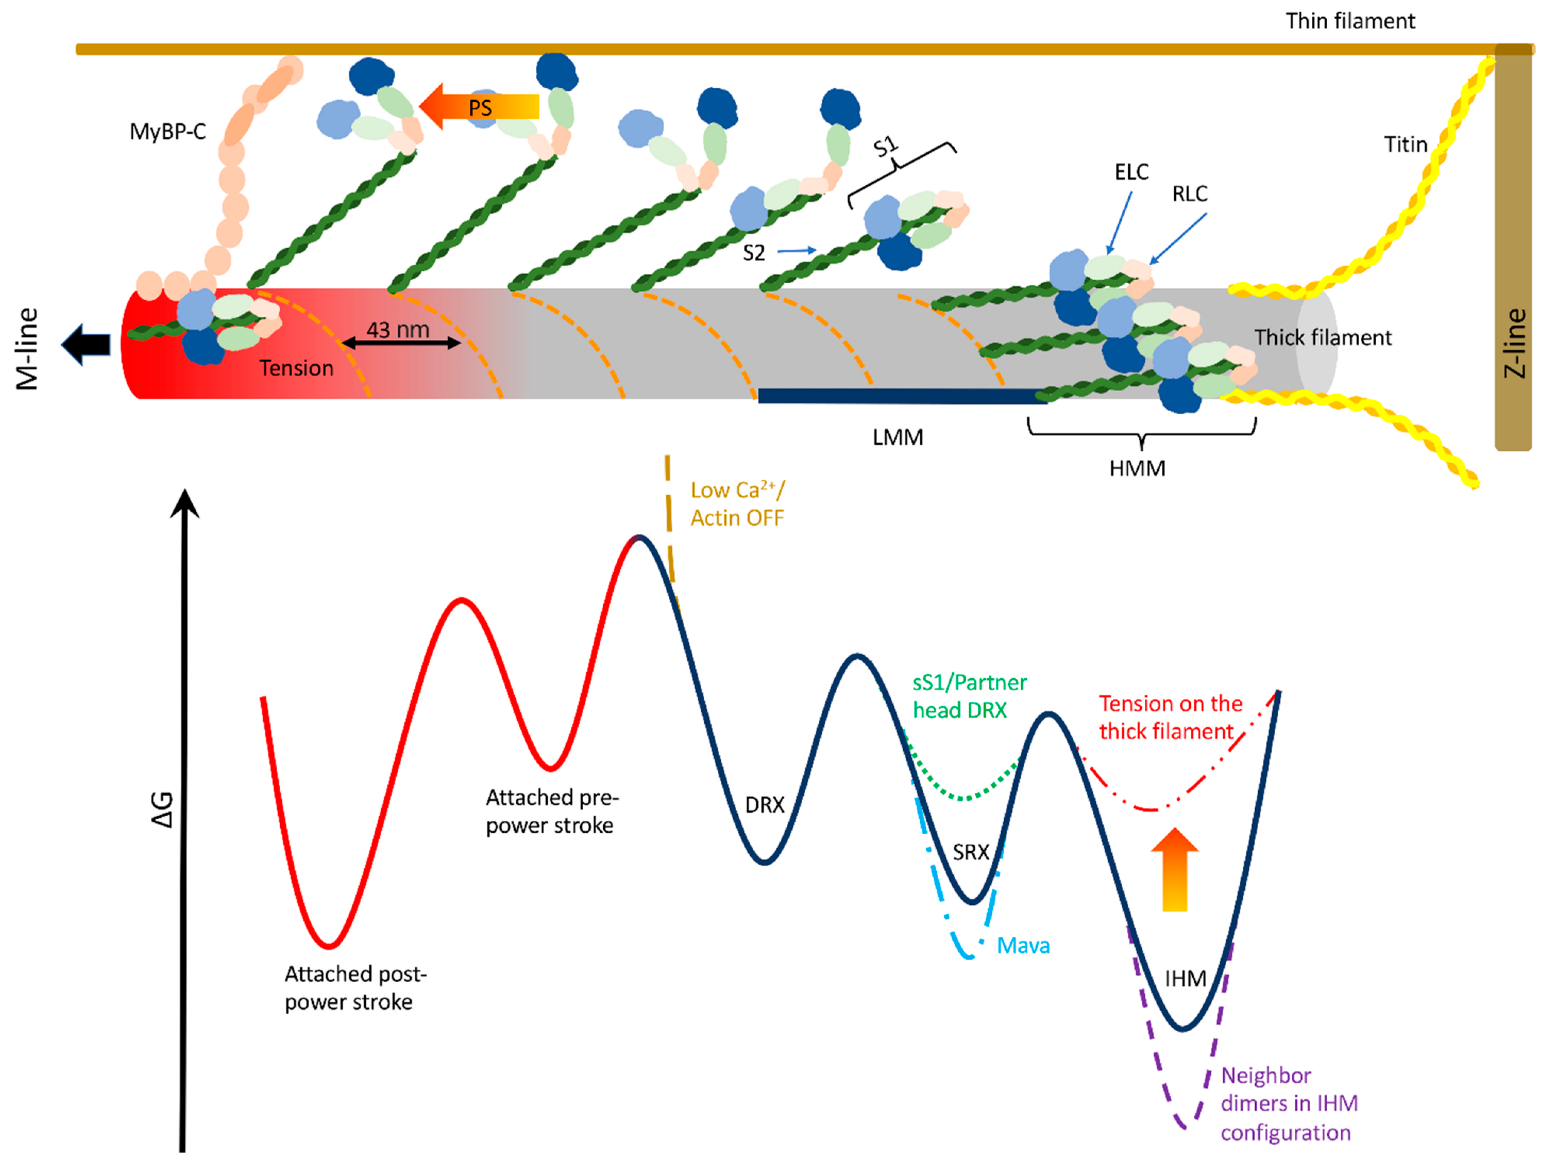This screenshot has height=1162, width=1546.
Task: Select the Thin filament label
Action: click(1350, 21)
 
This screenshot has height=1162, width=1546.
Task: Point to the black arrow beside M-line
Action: click(86, 345)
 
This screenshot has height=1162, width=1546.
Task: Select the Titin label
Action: click(1406, 145)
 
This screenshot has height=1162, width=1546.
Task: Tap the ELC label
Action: click(1132, 172)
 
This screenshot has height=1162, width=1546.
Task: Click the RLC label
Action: click(1190, 193)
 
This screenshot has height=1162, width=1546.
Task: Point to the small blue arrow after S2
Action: click(797, 250)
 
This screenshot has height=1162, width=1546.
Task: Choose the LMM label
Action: click(897, 437)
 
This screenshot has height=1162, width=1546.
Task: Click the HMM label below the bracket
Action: click(1137, 468)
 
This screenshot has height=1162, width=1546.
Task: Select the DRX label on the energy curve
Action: click(764, 805)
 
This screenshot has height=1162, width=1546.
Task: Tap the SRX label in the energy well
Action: click(971, 852)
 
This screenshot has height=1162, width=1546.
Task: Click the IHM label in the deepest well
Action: click(1185, 979)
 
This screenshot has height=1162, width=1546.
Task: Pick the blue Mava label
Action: click(1023, 946)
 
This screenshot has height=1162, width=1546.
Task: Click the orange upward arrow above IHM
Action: click(1175, 870)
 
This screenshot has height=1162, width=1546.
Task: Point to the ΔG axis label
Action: click(162, 810)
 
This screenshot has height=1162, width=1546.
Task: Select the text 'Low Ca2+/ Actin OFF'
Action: click(737, 504)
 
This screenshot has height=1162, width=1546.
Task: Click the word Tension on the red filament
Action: click(296, 368)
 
